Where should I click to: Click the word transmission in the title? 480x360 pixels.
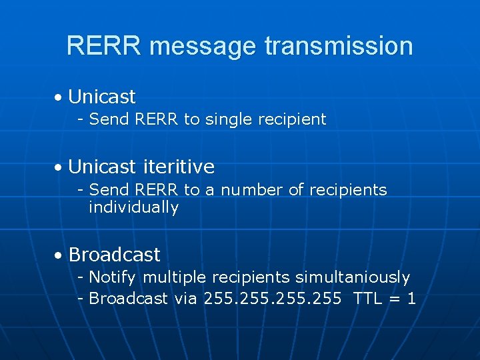click(x=339, y=46)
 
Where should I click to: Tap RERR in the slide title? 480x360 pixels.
click(x=105, y=46)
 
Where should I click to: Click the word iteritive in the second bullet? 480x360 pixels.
click(x=178, y=166)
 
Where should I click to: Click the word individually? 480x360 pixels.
click(x=133, y=207)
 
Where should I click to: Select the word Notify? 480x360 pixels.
click(x=113, y=277)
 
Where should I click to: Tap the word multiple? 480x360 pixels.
click(x=174, y=277)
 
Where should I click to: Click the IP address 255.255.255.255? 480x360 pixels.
click(x=273, y=298)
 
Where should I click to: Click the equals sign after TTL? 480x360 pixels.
click(x=395, y=299)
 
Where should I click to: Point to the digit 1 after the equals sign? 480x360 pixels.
click(x=411, y=298)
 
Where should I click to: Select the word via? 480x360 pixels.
click(x=186, y=298)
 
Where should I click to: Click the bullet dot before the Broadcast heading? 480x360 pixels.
click(x=59, y=255)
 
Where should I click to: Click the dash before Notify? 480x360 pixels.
click(x=80, y=277)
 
